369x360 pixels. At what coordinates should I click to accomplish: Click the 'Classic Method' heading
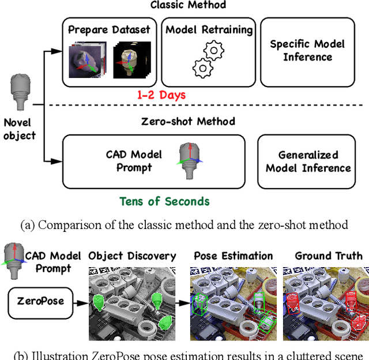pos(188,5)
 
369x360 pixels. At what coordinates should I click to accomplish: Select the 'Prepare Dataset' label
pos(109,29)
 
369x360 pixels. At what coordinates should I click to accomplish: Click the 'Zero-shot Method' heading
pos(188,121)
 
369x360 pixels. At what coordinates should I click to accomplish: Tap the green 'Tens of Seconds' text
pos(164,201)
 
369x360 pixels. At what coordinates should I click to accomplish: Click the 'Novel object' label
pos(20,129)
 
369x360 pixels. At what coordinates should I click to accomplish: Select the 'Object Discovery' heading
pos(132,256)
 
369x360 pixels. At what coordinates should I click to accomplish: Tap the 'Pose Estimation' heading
pos(233,256)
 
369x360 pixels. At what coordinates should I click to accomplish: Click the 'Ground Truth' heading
pos(329,256)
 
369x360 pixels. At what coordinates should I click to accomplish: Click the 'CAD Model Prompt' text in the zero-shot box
pos(134,161)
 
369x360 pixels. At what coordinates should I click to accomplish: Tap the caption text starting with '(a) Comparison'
pos(184,225)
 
